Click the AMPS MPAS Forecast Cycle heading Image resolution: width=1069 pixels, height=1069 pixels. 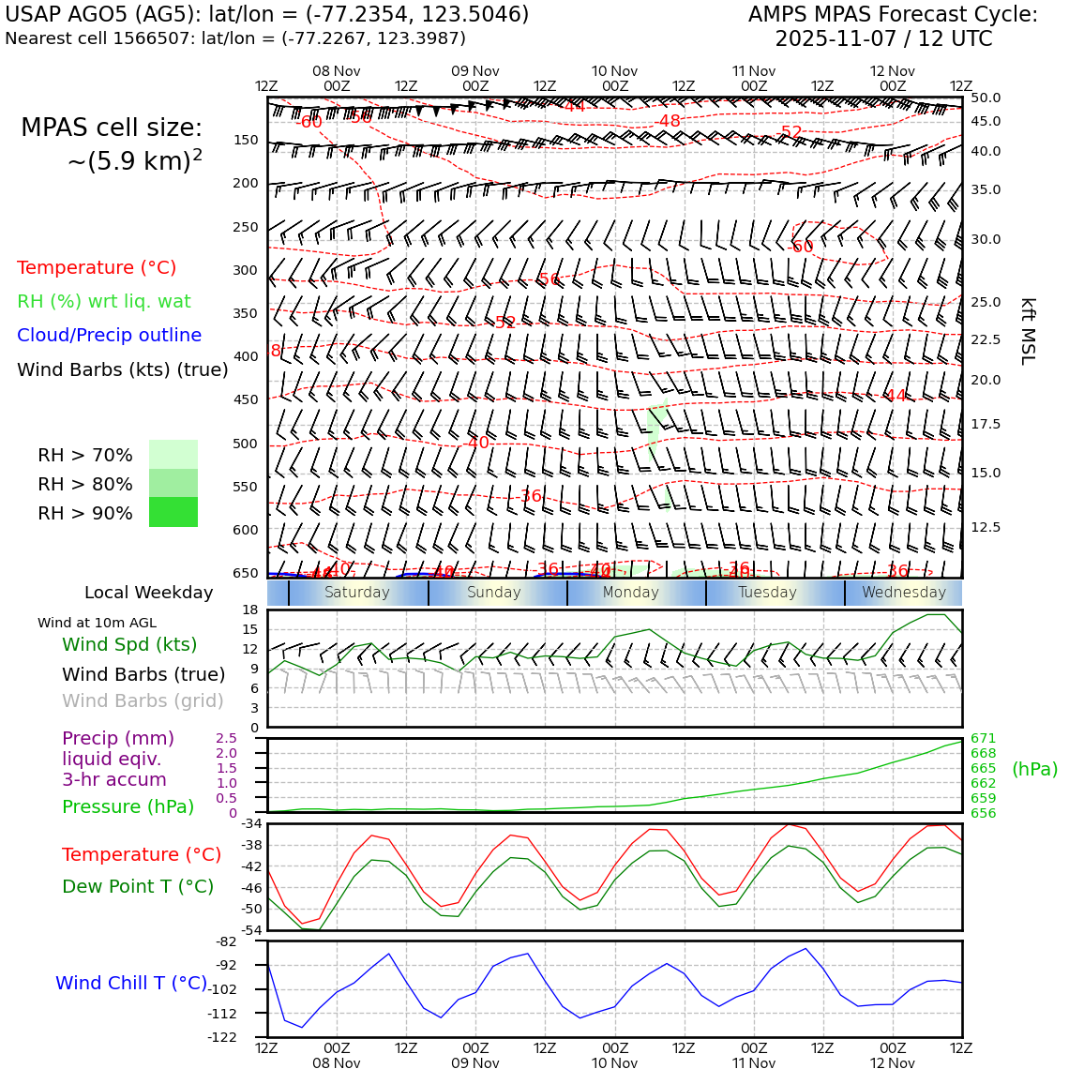(893, 15)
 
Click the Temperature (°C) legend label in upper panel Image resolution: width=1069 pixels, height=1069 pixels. (97, 268)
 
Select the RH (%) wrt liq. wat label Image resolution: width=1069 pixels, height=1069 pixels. (103, 302)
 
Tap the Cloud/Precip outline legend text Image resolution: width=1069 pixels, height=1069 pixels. (109, 336)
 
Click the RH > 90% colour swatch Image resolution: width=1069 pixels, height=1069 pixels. (173, 512)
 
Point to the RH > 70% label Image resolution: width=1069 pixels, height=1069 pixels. (85, 456)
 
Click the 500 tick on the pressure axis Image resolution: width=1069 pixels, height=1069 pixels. (245, 444)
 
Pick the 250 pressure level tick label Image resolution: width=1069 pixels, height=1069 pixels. (245, 227)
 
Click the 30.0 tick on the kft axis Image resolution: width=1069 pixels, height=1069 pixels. (986, 240)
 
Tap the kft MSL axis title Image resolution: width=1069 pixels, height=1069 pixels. (1028, 331)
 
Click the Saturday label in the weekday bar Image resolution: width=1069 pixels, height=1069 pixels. (356, 593)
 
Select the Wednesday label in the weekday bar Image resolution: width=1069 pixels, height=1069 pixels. (904, 593)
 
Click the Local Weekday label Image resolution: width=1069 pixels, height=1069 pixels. (148, 593)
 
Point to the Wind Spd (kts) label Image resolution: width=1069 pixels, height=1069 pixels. (129, 645)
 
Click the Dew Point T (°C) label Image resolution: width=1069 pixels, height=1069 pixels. (138, 887)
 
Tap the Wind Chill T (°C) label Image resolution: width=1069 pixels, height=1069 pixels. (131, 984)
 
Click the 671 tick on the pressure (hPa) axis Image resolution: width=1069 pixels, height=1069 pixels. (983, 739)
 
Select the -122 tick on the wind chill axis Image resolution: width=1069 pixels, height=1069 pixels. (226, 1037)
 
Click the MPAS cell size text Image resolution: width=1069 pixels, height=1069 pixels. (112, 128)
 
